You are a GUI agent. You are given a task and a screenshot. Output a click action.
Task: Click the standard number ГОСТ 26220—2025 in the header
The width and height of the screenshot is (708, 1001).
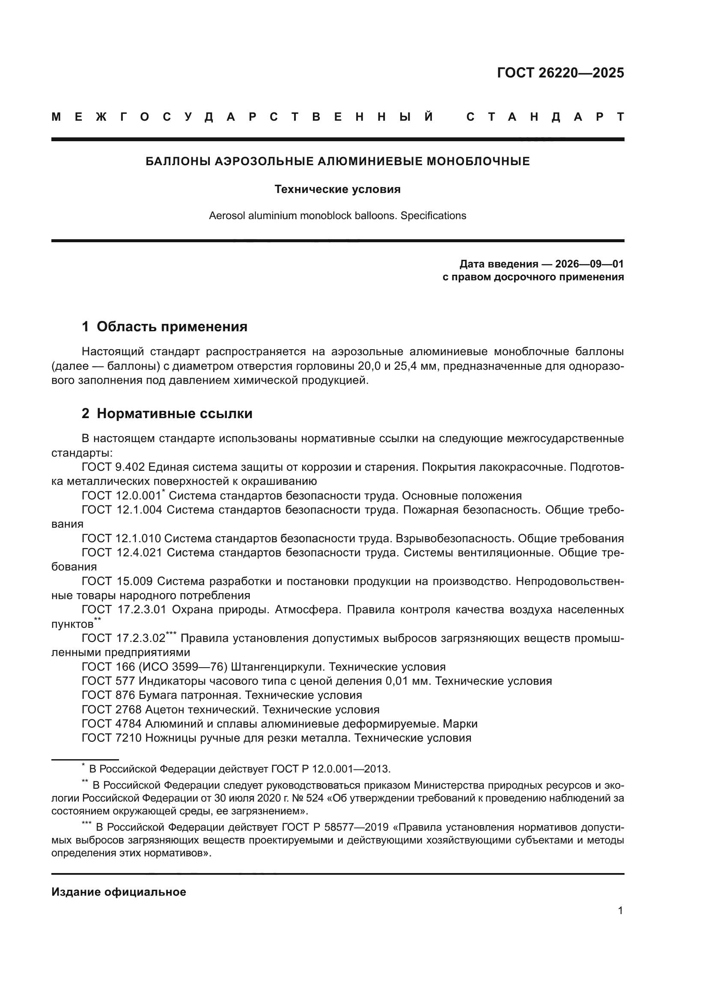[x=560, y=73]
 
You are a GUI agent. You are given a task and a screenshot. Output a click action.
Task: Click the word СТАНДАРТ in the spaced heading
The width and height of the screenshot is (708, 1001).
[x=545, y=117]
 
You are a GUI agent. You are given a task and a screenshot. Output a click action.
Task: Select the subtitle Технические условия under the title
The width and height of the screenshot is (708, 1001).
[x=337, y=189]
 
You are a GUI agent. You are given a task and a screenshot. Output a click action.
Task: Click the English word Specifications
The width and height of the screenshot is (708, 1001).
[x=433, y=215]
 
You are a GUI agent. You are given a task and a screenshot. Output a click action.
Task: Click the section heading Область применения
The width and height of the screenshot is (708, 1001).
[x=172, y=327]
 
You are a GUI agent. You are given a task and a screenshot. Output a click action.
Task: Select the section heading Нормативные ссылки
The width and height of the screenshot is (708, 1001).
[x=174, y=413]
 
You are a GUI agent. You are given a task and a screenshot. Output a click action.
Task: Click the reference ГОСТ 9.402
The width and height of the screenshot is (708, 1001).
[x=113, y=467]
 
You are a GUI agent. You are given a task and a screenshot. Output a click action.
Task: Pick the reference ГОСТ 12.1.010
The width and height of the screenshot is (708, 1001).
[x=121, y=538]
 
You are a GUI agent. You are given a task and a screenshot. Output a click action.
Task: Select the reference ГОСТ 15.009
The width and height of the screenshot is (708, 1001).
[x=117, y=581]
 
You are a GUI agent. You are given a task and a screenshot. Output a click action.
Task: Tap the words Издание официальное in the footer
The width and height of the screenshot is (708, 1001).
[x=119, y=892]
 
